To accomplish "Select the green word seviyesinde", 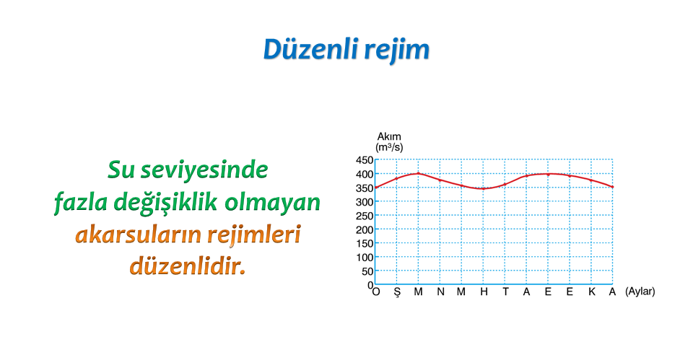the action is [x=204, y=170].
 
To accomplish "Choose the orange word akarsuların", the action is [x=138, y=234].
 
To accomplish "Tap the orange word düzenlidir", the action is [x=188, y=266].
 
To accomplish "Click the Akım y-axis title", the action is [x=389, y=136].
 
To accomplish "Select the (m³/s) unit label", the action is [x=389, y=147].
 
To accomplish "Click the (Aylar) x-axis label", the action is [x=640, y=291].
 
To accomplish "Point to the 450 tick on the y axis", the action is [x=365, y=160].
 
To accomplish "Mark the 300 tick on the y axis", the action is [x=365, y=202].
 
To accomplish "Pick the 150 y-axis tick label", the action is [x=365, y=243].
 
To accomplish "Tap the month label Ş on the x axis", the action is [x=397, y=292].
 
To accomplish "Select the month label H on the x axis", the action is [x=484, y=291].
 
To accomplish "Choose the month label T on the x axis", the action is [x=505, y=291].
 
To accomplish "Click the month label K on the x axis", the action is [x=592, y=291].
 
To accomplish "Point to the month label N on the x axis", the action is [x=440, y=291].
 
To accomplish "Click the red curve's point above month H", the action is [x=484, y=188].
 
